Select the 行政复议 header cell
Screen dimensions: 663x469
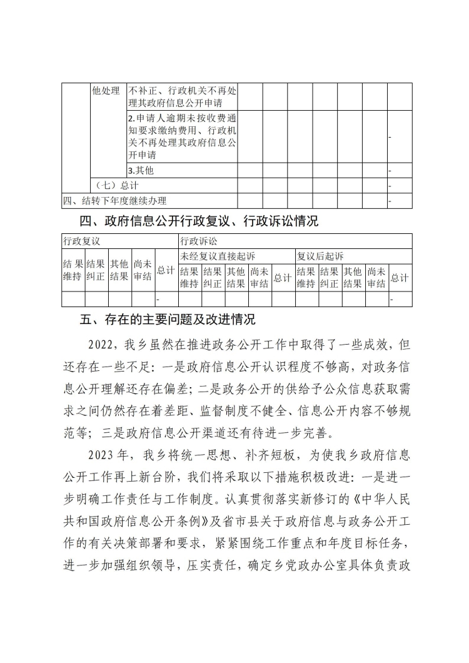pos(81,241)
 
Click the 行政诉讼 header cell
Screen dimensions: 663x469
pos(199,241)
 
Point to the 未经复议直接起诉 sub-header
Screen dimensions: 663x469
pos(217,256)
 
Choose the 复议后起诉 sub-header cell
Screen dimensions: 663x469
pos(320,256)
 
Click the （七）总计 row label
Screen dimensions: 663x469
pos(115,186)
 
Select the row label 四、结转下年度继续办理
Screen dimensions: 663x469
pos(115,201)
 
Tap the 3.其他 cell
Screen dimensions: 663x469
pos(141,170)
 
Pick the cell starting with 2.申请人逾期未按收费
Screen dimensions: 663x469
pos(181,136)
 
